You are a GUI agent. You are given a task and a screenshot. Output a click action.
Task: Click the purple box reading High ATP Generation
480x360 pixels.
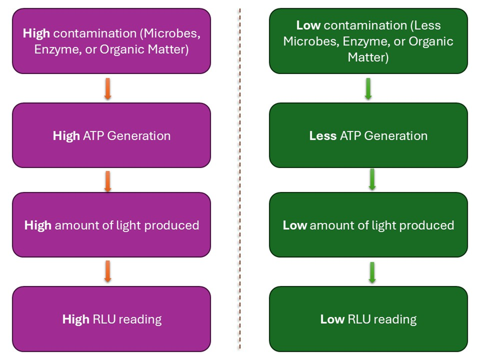coord(111,135)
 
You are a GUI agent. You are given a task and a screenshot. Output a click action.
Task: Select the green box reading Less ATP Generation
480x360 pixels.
coord(368,135)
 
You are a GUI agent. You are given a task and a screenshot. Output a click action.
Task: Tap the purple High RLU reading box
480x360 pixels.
coord(111,319)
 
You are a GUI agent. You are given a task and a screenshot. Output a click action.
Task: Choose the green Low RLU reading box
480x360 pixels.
coord(368,319)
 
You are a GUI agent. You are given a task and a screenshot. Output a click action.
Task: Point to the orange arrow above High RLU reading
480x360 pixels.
coord(107,271)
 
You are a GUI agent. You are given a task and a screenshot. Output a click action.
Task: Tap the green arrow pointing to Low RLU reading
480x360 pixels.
coord(372,272)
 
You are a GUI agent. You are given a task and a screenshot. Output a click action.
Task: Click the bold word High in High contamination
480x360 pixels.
coord(36,34)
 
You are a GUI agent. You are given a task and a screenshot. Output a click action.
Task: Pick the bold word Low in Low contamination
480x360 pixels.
coord(308,25)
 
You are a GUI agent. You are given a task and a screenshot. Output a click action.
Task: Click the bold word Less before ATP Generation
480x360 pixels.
coord(323,136)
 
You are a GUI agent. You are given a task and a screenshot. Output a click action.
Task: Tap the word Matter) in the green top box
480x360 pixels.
coord(368,58)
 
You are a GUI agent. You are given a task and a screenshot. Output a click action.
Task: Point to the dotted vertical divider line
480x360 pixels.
coord(239,179)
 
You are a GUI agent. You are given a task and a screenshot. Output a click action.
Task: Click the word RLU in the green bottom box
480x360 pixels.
coord(359,320)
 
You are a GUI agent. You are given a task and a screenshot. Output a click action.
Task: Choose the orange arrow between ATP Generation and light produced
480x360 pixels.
coord(107,181)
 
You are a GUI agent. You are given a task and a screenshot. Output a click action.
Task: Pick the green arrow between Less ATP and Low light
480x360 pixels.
coord(372,180)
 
